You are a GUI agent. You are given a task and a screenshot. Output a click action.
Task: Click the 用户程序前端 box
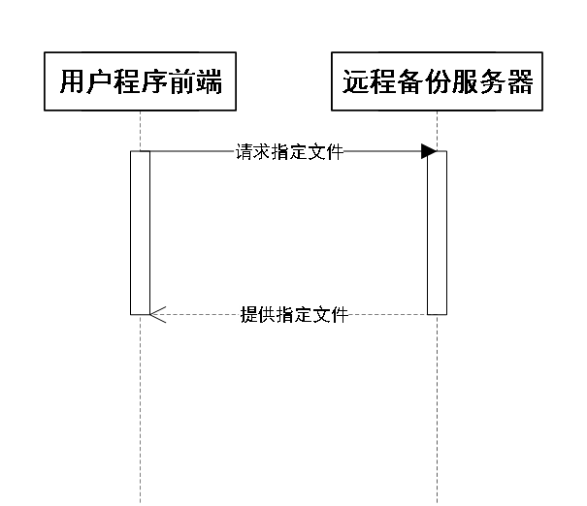pos(141,82)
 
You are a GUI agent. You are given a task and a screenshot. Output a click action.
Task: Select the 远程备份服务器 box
pos(438,82)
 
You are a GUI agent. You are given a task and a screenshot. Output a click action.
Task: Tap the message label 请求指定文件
pos(289,152)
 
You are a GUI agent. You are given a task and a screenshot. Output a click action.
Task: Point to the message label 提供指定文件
pos(294,315)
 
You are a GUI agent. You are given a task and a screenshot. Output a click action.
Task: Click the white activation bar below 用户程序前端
pos(141,233)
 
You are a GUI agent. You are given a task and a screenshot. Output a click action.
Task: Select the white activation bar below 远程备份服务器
pos(438,233)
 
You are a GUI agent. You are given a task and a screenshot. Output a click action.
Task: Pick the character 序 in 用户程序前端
pos(154,82)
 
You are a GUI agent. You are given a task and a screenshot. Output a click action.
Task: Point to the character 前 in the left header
pos(181,82)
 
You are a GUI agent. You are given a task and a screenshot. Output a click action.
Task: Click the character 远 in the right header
pos(356,82)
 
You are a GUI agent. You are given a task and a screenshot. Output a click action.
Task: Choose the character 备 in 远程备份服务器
pos(410,82)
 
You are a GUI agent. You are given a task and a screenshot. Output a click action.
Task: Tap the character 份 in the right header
pos(438,82)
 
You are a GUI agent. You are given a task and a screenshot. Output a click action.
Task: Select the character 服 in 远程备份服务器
pos(466,82)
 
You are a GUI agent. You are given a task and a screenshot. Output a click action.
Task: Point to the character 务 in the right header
pos(493,82)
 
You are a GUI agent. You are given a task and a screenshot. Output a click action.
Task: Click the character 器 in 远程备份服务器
pos(520,82)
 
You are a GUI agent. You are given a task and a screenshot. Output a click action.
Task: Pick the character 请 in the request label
pos(244,152)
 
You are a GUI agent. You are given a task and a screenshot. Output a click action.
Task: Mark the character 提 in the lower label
pos(248,315)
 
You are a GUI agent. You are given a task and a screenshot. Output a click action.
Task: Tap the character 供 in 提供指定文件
pos(267,315)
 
